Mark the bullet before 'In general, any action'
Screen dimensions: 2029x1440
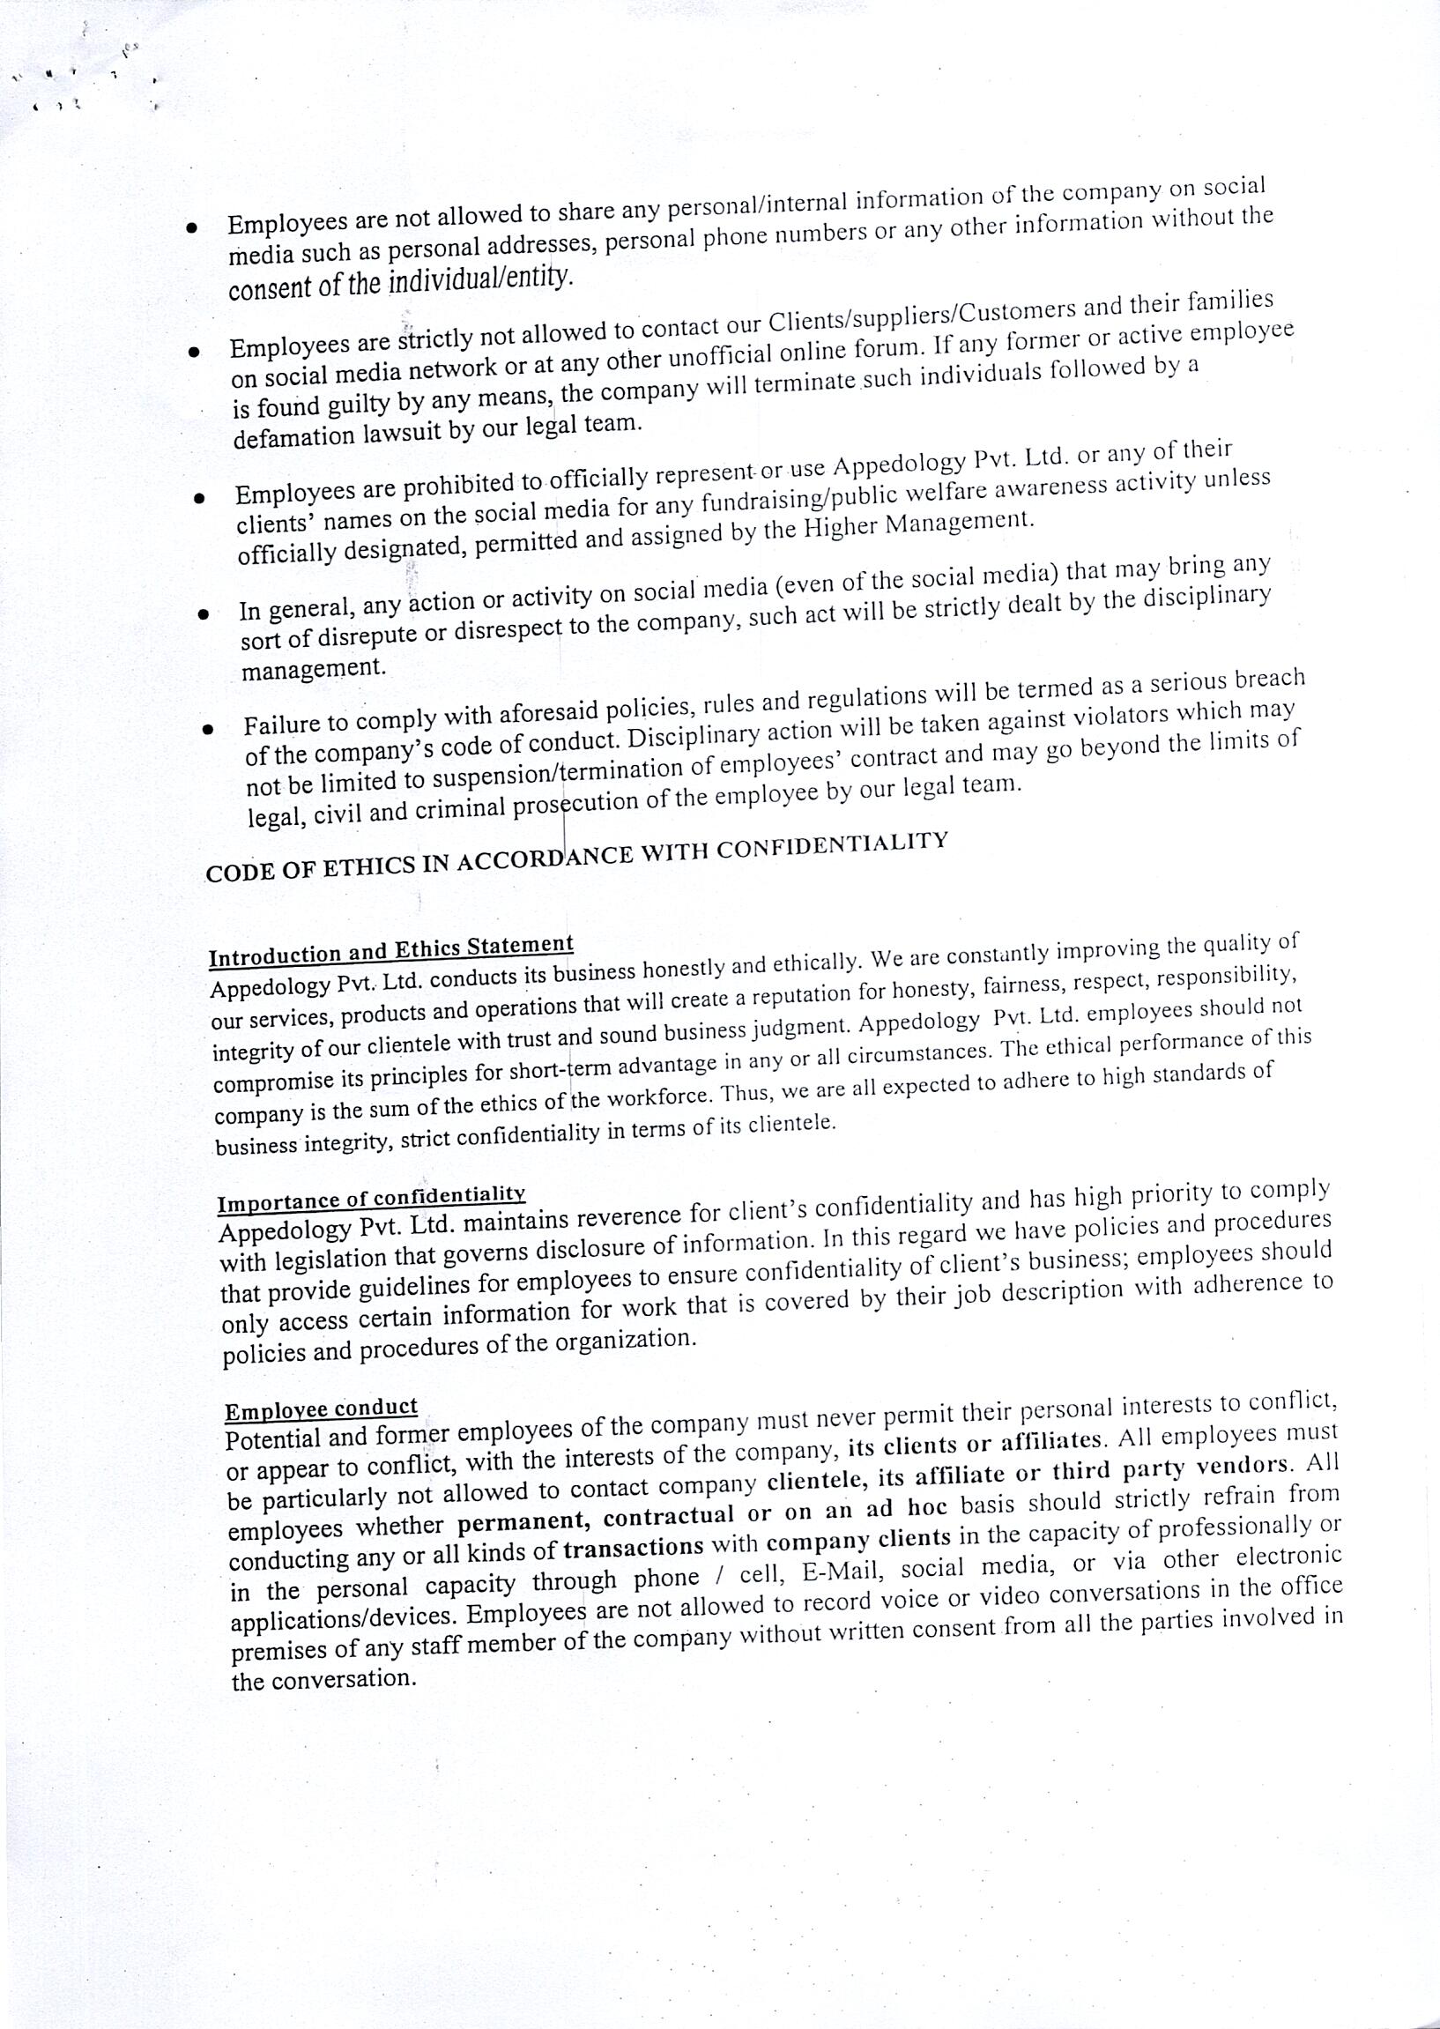click(203, 613)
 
